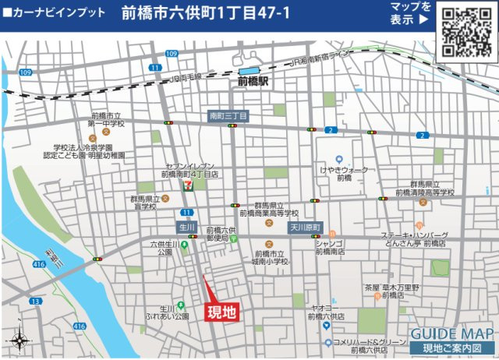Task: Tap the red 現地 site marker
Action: point(221,312)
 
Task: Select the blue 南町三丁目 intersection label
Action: point(228,116)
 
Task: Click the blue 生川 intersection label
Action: point(186,228)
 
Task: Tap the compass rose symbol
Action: point(18,341)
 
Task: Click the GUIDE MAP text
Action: point(452,331)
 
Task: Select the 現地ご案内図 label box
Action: point(452,348)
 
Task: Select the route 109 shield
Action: point(25,72)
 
